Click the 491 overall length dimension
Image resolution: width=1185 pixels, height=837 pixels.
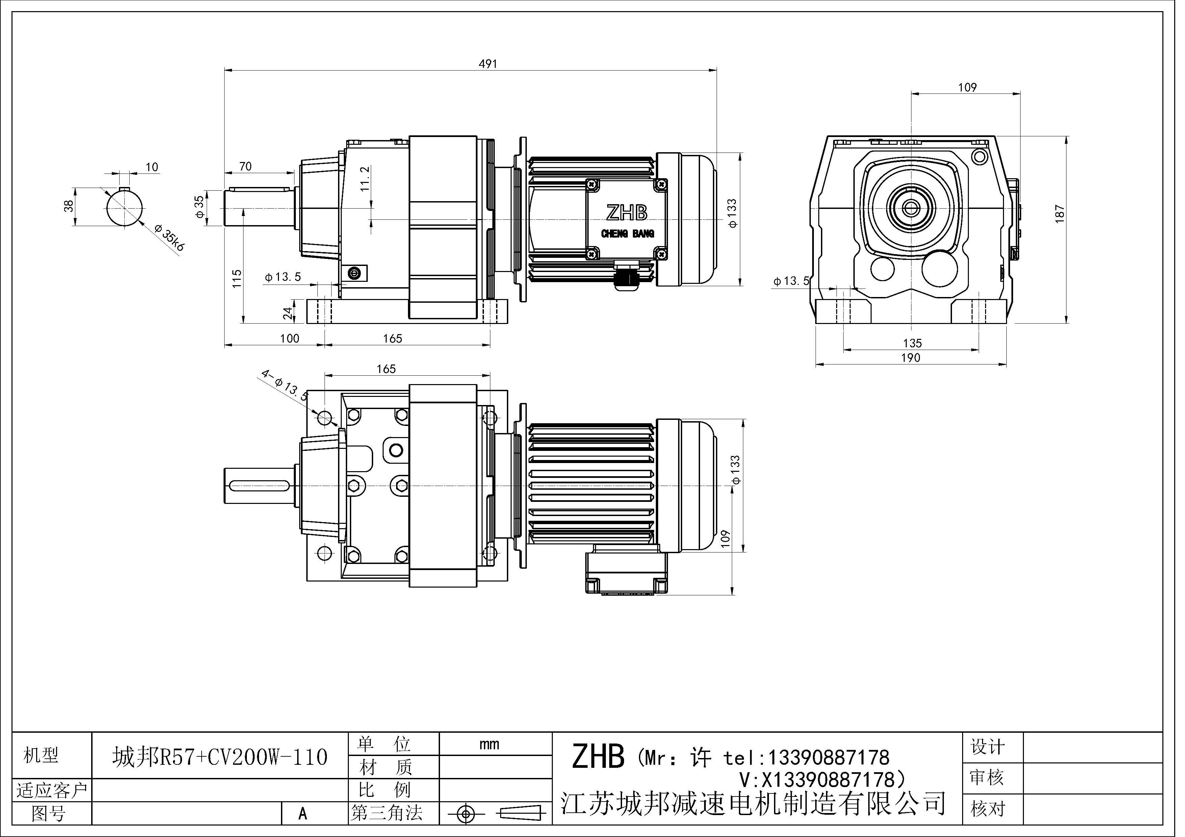point(488,63)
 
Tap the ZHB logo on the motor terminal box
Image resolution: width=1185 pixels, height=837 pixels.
point(626,213)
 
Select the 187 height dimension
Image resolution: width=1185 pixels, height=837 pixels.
point(1060,214)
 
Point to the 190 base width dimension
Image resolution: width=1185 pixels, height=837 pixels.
point(910,358)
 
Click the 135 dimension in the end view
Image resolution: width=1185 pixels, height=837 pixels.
point(912,343)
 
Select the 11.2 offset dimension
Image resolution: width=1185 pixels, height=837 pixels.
point(365,179)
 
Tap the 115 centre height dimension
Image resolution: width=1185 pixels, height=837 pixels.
point(237,278)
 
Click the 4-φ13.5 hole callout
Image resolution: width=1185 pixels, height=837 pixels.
point(284,384)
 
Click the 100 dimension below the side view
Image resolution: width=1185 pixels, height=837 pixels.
point(289,338)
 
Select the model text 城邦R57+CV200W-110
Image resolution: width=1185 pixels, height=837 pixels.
point(220,757)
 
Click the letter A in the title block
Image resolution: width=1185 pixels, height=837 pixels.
point(303,814)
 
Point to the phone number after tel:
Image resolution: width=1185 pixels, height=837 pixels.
point(829,757)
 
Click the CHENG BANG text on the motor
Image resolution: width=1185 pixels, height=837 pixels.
point(627,234)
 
